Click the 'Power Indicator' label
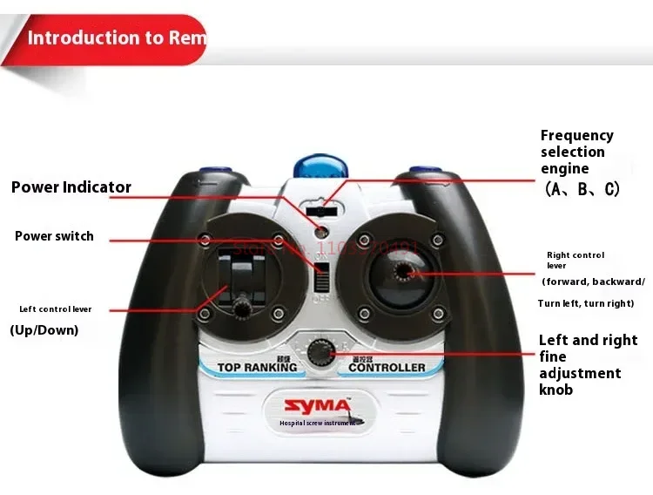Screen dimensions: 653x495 [x=71, y=187]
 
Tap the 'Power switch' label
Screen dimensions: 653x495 [x=54, y=236]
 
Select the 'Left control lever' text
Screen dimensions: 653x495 [x=56, y=309]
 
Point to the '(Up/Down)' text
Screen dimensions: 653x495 [x=44, y=330]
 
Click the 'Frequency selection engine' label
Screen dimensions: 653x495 [x=576, y=152]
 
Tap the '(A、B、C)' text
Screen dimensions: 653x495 [x=582, y=189]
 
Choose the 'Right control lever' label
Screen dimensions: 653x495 [x=576, y=261]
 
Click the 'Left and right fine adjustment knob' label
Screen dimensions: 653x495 [x=588, y=365]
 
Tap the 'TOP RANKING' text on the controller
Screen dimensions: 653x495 [x=257, y=368]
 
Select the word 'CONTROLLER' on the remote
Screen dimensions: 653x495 [x=387, y=368]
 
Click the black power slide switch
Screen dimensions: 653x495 [x=322, y=278]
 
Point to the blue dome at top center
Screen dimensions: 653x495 [x=317, y=166]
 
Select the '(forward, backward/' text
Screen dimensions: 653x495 [x=593, y=281]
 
